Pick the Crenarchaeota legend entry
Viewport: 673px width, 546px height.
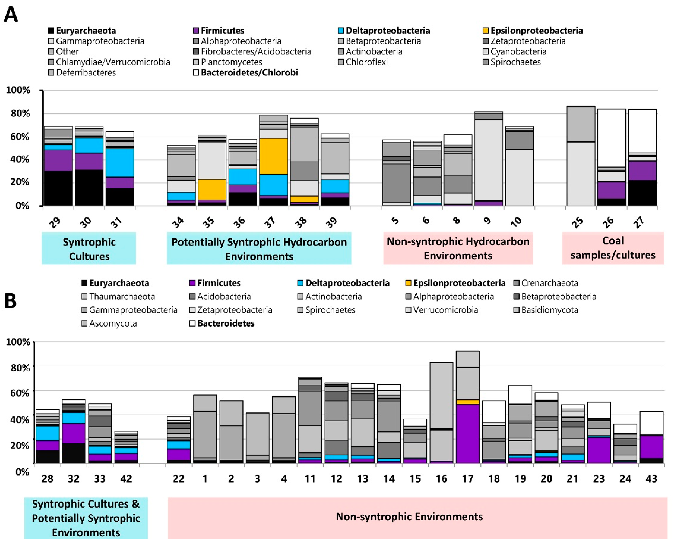click(546, 283)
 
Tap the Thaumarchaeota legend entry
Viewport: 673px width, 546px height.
click(118, 297)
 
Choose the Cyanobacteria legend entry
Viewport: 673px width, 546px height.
click(515, 51)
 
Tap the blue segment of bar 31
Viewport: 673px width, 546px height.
click(120, 163)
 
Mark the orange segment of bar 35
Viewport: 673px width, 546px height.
click(212, 189)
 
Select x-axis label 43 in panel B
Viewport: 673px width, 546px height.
click(651, 479)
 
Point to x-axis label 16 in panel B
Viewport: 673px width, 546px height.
click(441, 479)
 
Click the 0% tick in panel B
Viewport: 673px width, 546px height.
click(22, 472)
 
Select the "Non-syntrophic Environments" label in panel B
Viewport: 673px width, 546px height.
click(409, 517)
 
